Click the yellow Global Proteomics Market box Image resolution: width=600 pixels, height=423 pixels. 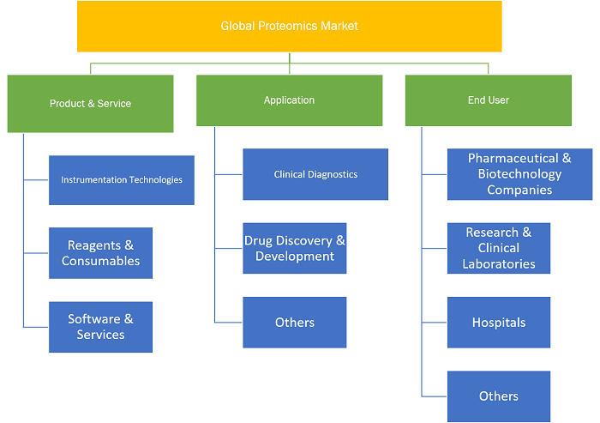290,26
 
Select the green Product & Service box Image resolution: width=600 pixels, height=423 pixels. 90,104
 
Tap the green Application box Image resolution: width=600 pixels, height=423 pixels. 290,100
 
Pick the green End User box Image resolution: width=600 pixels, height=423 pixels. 489,100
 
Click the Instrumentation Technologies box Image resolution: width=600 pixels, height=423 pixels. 122,180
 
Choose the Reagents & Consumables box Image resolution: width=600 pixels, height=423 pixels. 100,253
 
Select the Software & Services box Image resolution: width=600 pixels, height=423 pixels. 100,327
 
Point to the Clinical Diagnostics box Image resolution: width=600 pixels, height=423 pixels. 315,174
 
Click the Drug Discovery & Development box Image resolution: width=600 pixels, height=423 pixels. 295,248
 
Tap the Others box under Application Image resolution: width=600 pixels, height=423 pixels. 295,323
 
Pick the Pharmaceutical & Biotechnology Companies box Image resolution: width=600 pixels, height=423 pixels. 519,174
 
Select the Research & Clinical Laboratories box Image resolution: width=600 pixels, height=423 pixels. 499,248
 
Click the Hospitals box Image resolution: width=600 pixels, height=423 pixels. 499,323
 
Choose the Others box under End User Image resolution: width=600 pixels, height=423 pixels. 499,396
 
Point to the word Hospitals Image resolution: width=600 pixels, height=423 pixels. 499,323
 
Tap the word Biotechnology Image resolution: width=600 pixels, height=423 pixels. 519,174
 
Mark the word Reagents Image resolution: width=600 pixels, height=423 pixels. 94,245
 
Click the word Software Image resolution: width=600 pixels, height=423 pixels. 94,319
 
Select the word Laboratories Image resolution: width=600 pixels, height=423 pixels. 499,264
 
